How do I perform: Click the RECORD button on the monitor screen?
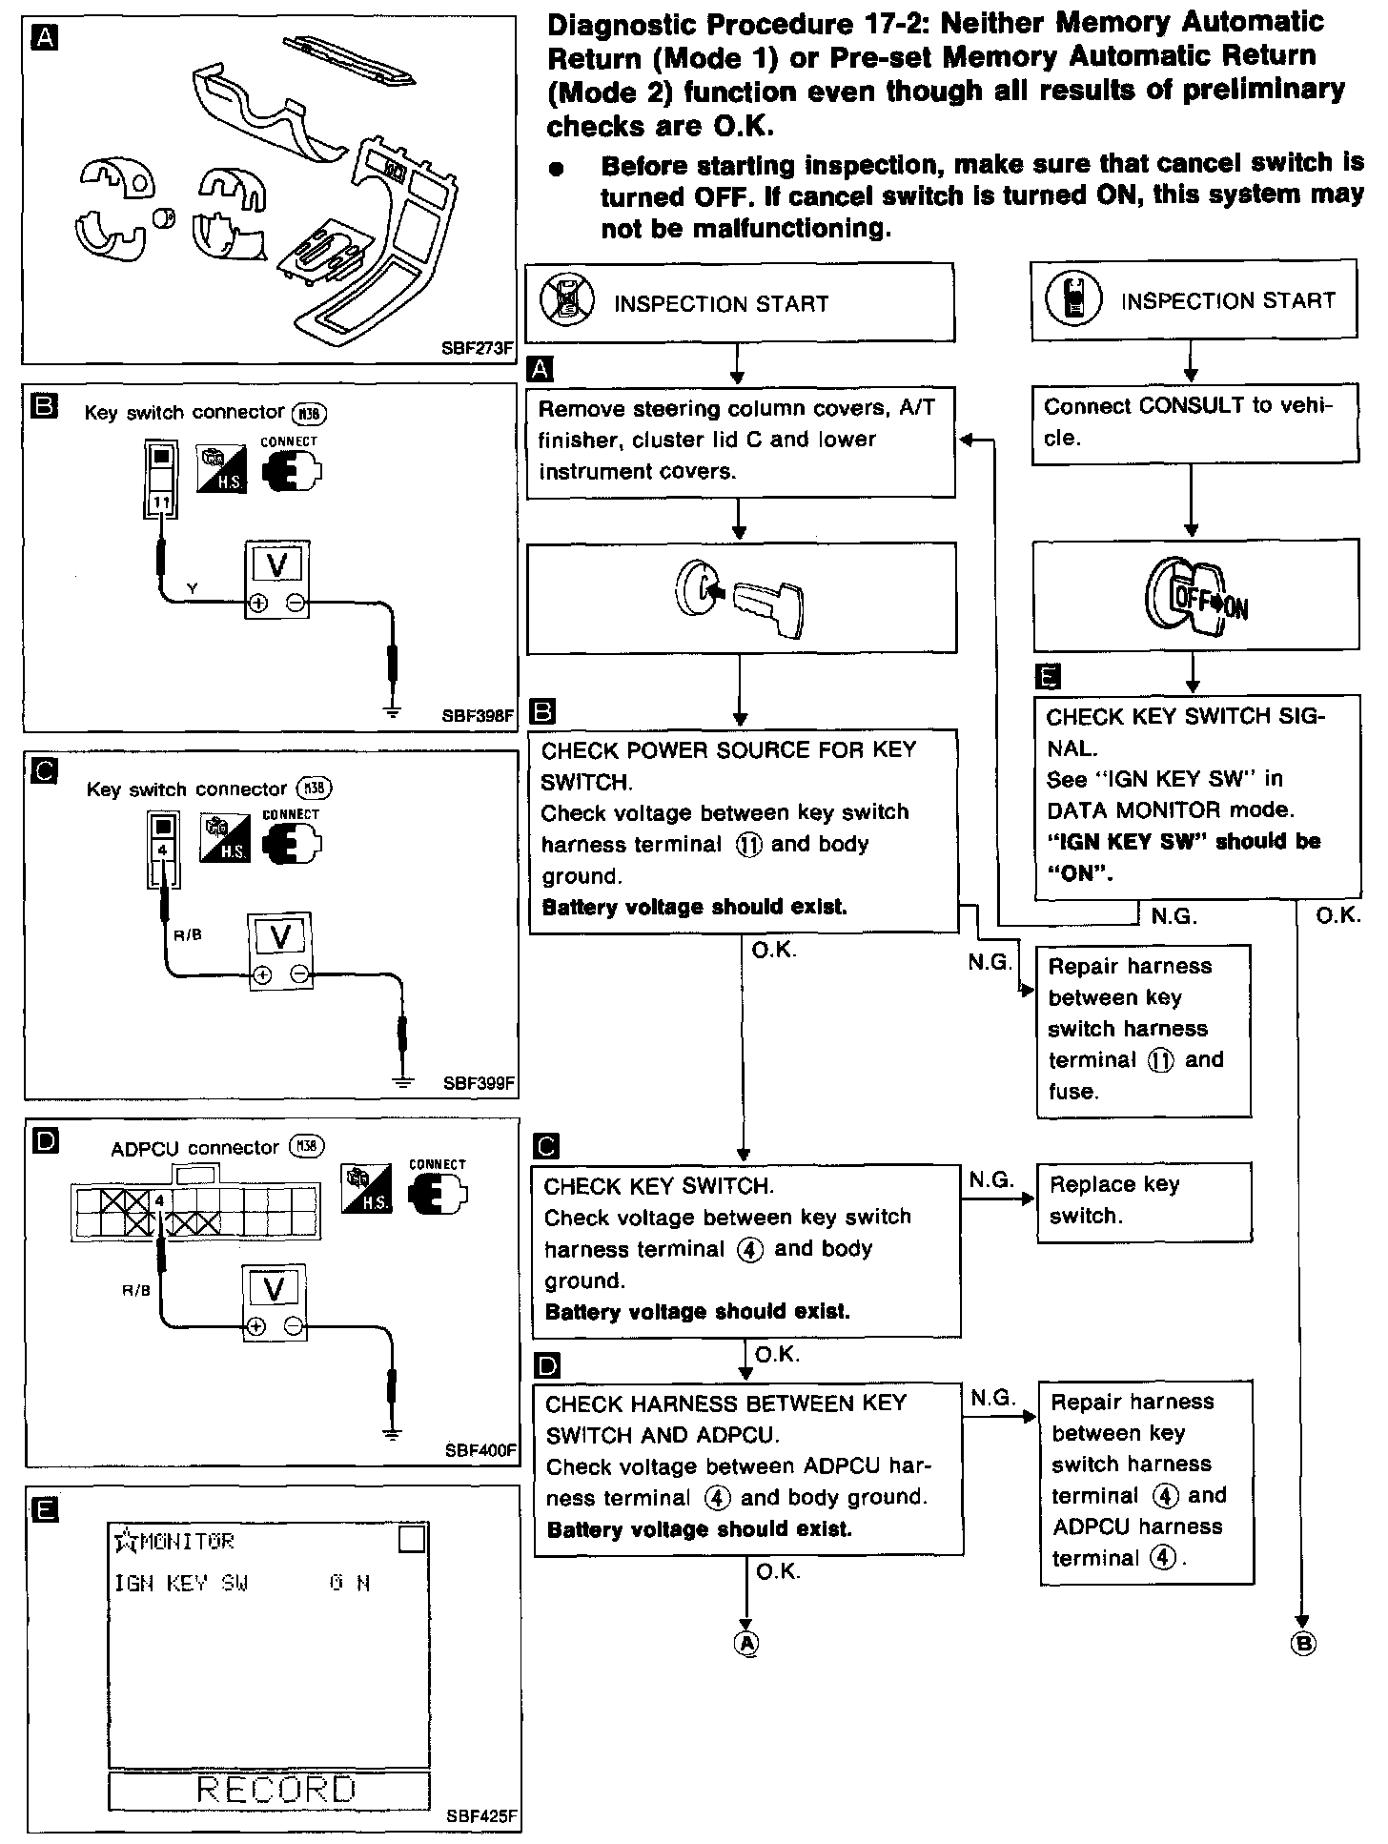pyautogui.click(x=269, y=1790)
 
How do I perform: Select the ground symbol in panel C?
pyautogui.click(x=403, y=1081)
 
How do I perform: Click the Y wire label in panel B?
pyautogui.click(x=193, y=589)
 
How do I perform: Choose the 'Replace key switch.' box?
pyautogui.click(x=1143, y=1200)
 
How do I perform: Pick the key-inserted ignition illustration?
pyautogui.click(x=740, y=598)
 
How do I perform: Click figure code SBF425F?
pyautogui.click(x=481, y=1816)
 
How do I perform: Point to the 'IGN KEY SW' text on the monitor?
pyautogui.click(x=181, y=1584)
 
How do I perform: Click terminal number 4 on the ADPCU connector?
pyautogui.click(x=160, y=1199)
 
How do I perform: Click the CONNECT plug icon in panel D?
pyautogui.click(x=437, y=1198)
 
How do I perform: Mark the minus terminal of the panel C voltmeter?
pyautogui.click(x=300, y=974)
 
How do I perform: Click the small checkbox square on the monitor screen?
pyautogui.click(x=411, y=1540)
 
